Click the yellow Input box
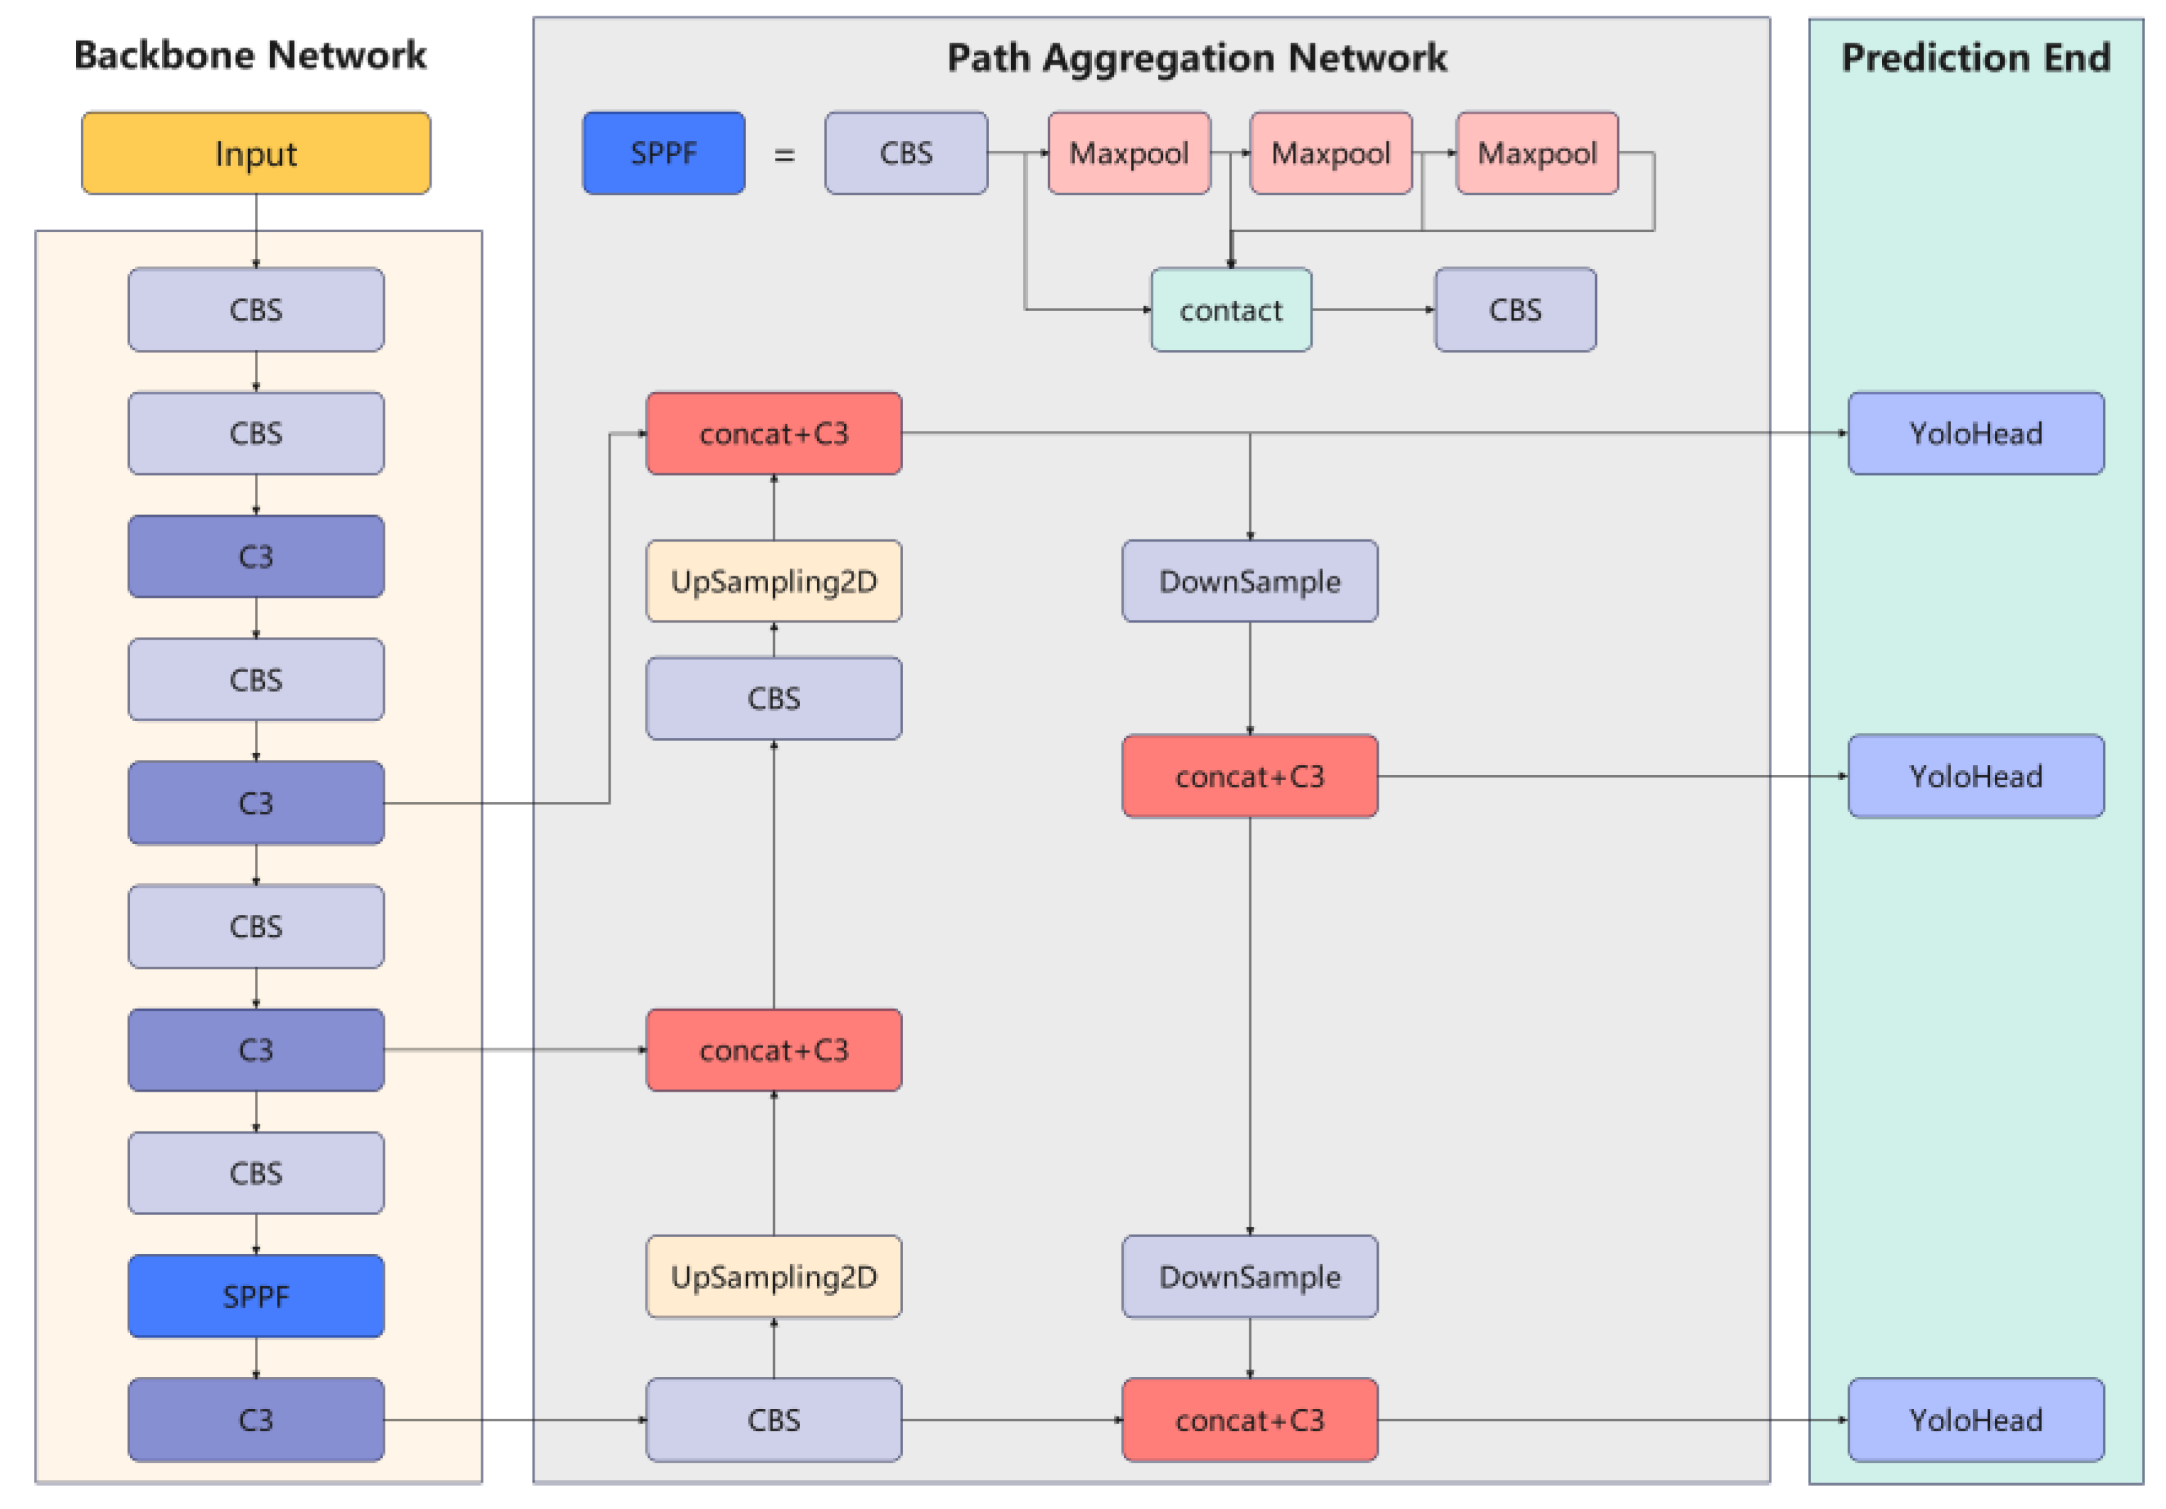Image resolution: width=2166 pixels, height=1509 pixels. tap(256, 154)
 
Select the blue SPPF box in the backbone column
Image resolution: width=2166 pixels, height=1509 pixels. tap(256, 1296)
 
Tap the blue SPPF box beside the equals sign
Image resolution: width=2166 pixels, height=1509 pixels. tap(663, 154)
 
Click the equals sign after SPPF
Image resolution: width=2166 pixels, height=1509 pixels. tap(784, 155)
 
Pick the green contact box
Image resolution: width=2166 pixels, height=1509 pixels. tap(1230, 310)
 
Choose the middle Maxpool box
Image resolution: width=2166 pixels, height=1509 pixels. tap(1330, 154)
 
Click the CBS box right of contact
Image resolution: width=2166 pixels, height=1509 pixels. tap(1515, 310)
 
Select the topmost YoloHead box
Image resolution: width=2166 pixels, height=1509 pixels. tap(1976, 434)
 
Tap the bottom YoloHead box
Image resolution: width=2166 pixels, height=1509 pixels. tap(1976, 1420)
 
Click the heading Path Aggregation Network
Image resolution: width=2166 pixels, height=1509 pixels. tap(1196, 58)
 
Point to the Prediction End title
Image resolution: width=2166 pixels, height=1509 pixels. tap(1976, 58)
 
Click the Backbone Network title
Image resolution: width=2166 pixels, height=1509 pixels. tap(250, 55)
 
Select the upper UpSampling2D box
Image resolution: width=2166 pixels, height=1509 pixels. tap(774, 581)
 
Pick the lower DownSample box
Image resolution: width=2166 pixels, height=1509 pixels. tap(1249, 1276)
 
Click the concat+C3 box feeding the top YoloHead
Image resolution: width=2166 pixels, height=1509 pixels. tap(774, 434)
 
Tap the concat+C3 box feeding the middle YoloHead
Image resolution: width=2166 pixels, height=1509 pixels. tap(1249, 777)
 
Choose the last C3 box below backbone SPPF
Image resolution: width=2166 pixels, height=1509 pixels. tap(256, 1420)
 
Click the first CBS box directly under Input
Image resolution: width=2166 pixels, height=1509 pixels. tap(256, 310)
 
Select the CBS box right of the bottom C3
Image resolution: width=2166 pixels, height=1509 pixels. tap(774, 1420)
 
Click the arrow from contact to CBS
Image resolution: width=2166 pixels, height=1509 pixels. tap(1372, 310)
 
